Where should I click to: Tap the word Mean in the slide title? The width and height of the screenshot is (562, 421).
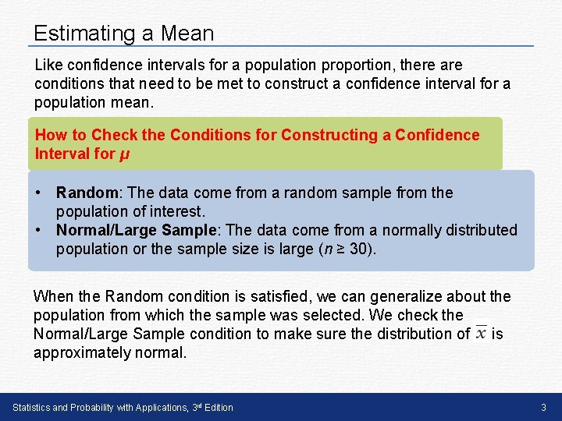(x=187, y=34)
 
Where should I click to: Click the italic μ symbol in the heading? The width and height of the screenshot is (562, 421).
(x=125, y=154)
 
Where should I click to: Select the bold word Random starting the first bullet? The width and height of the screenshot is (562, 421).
(x=87, y=193)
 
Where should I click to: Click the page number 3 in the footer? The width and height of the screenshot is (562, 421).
(x=543, y=408)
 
